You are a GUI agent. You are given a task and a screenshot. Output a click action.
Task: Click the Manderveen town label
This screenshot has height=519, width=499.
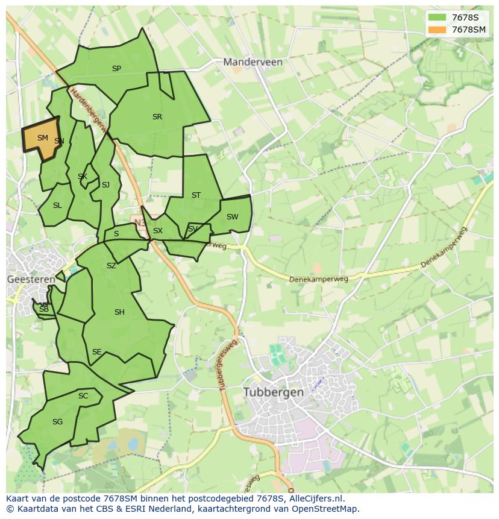[x=253, y=62]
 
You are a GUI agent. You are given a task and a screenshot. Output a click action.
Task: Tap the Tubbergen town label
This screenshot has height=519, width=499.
[x=274, y=392]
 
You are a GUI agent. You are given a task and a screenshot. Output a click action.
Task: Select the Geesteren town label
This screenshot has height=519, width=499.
[x=31, y=280]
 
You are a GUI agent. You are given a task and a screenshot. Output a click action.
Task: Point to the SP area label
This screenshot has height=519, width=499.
[x=116, y=69]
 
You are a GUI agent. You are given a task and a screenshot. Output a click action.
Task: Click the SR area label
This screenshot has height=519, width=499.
[x=157, y=117]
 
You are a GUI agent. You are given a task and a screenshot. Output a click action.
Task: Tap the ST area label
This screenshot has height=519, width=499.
[x=196, y=195]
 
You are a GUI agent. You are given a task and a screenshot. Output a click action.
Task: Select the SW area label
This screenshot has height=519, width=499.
[x=232, y=217]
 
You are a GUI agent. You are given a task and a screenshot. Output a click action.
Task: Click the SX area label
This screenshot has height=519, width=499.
[x=158, y=231]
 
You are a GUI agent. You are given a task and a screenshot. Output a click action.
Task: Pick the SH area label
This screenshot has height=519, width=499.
[x=119, y=312]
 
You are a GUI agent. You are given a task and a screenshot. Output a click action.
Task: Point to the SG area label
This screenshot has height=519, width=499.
[x=57, y=422]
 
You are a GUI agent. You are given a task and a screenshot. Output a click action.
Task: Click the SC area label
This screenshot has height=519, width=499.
[x=83, y=396]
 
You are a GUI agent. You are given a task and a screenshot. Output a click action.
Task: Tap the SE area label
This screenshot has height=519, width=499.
[x=96, y=352]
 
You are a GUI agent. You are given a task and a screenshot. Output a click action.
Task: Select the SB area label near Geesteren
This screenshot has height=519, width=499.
[x=43, y=309]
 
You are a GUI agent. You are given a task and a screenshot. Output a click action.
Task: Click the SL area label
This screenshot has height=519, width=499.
[x=57, y=206]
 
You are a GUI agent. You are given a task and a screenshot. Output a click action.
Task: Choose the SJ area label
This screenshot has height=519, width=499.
[x=105, y=185]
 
